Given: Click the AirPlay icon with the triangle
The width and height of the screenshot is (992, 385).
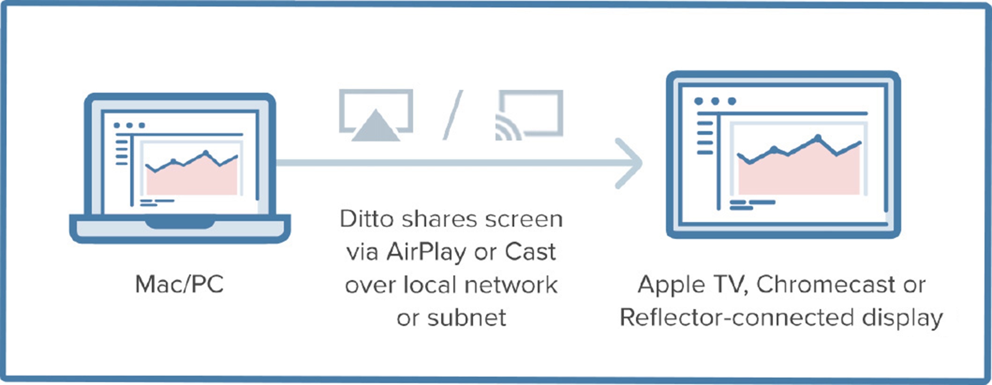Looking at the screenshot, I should (x=376, y=115).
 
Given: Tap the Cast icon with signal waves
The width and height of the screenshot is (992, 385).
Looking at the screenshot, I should (x=529, y=115).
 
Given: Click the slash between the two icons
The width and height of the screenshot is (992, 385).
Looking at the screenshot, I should (x=453, y=115).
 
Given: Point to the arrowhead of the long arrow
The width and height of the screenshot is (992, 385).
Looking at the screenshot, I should (x=632, y=163).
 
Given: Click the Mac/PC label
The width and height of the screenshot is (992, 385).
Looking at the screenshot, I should (x=179, y=284).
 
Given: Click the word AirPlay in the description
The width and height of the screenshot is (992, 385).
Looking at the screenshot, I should (x=426, y=252).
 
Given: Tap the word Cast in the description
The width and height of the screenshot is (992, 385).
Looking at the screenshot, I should (x=530, y=252).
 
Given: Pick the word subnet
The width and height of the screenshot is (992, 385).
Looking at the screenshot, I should (x=466, y=318).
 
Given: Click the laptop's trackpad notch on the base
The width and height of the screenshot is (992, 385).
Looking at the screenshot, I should (x=180, y=223).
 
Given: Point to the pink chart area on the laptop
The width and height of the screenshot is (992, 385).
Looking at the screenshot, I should (x=192, y=180).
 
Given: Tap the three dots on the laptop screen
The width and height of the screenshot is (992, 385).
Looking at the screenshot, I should (x=129, y=126).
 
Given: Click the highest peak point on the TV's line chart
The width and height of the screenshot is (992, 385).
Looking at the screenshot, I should (x=818, y=138).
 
